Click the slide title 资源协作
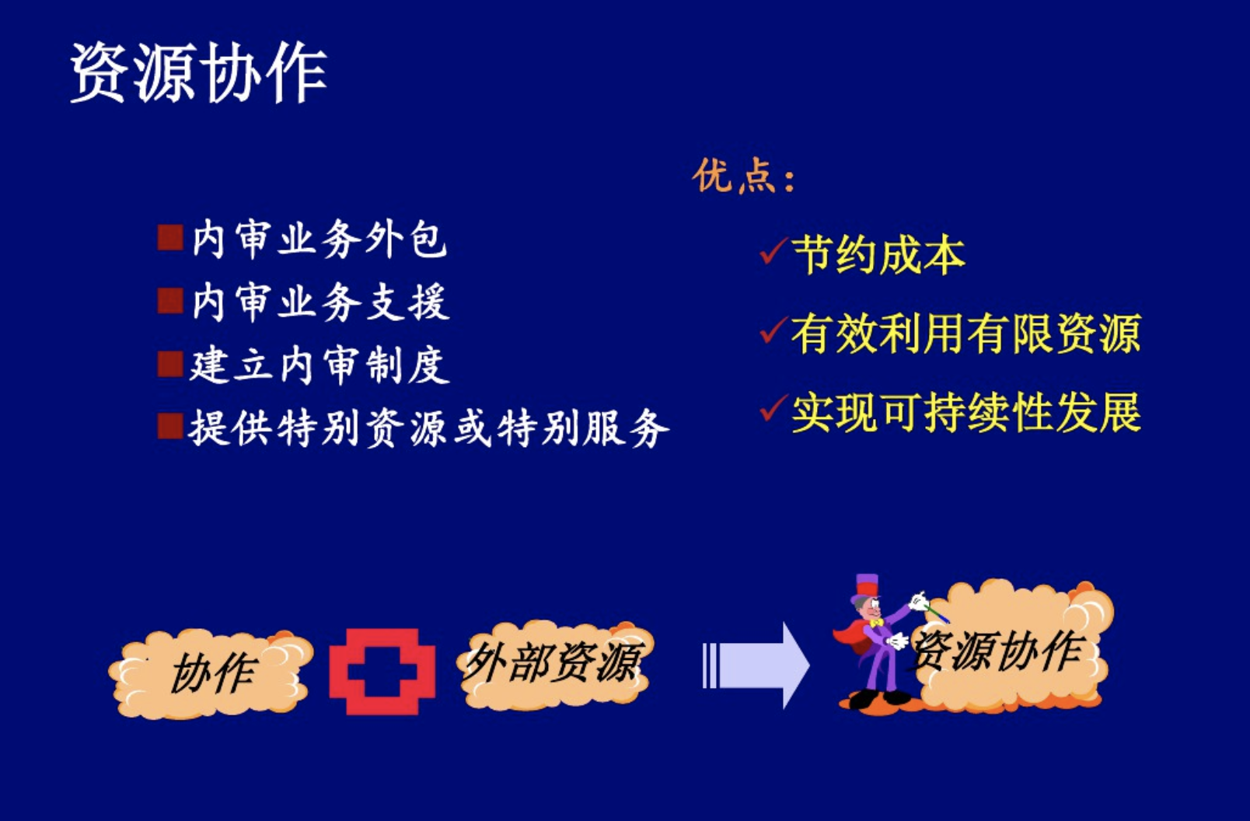click(198, 72)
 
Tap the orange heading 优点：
click(744, 176)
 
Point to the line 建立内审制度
click(319, 365)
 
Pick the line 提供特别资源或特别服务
click(429, 428)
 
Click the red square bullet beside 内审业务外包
click(170, 238)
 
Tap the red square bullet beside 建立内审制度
click(170, 365)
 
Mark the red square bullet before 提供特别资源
click(170, 426)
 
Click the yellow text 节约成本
click(878, 255)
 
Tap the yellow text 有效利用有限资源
click(966, 334)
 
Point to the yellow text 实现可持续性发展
click(966, 413)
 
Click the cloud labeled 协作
click(211, 674)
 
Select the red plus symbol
click(382, 672)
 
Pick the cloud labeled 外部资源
click(554, 664)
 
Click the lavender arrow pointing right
click(756, 666)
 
